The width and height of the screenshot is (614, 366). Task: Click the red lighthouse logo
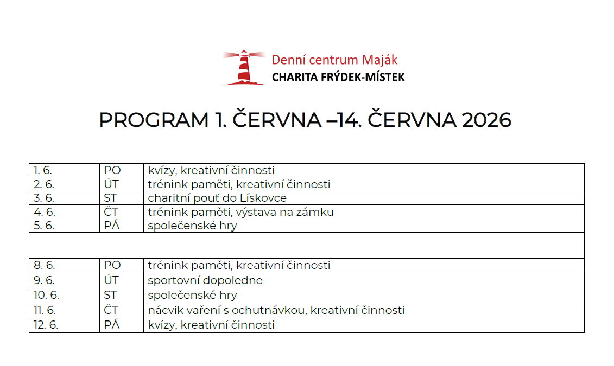(x=244, y=67)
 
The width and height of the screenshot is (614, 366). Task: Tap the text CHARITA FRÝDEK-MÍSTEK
(x=338, y=77)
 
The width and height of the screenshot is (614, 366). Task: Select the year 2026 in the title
(x=486, y=120)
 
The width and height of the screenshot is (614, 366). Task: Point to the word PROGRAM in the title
(x=154, y=120)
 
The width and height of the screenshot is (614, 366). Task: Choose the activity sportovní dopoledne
(x=205, y=280)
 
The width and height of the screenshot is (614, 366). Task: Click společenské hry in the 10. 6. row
(x=192, y=295)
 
